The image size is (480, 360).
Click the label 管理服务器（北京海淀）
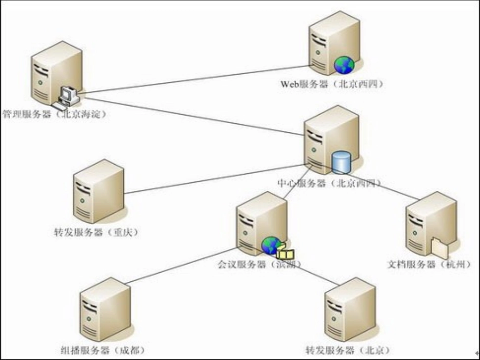point(56,115)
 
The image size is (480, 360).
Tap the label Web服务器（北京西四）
point(332,84)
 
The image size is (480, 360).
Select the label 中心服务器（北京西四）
point(329,183)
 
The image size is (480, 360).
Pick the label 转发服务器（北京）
point(348,350)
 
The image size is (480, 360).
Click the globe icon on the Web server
point(345,65)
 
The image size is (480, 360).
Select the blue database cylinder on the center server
point(341,162)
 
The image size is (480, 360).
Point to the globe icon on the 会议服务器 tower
point(270,245)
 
